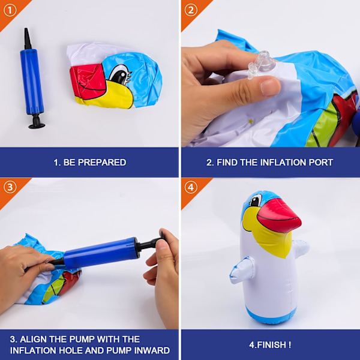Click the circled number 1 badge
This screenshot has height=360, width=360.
[10, 11]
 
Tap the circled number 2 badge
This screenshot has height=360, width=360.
[191, 11]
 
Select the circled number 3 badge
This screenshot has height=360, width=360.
[10, 188]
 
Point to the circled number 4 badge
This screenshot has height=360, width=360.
[191, 188]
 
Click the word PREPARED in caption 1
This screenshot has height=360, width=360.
[102, 163]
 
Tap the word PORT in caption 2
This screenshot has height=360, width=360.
[321, 163]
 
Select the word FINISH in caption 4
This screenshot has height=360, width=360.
[271, 344]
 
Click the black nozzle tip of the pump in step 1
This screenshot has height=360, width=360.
[28, 38]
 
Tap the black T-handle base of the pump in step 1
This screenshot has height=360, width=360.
[37, 121]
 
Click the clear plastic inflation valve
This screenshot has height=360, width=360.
[262, 65]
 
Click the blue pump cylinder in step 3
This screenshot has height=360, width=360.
[101, 253]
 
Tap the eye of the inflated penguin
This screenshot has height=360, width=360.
[256, 200]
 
